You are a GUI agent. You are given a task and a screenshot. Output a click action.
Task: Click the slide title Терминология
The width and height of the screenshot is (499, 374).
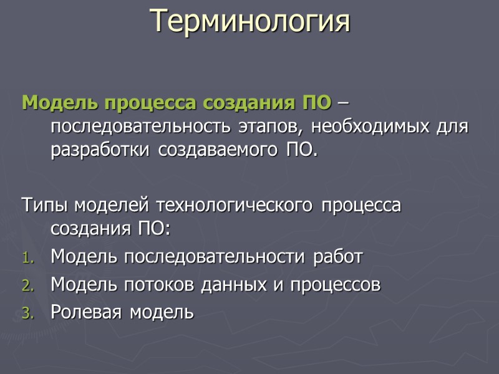249,22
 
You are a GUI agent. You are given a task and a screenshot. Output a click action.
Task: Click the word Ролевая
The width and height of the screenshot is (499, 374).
85,312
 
